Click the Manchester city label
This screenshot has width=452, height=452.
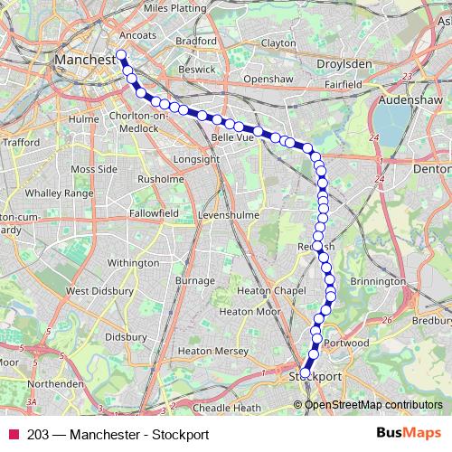pos(85,60)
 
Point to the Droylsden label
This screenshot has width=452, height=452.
pos(344,65)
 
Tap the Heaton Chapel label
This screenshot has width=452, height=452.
pos(266,291)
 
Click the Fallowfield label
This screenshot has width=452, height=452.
pos(153,212)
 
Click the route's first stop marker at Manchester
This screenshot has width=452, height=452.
pos(121,54)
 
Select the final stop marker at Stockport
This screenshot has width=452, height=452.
pos(306,371)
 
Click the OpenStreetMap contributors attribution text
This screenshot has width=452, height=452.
pos(373,404)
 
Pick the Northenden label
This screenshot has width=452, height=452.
pos(52,382)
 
